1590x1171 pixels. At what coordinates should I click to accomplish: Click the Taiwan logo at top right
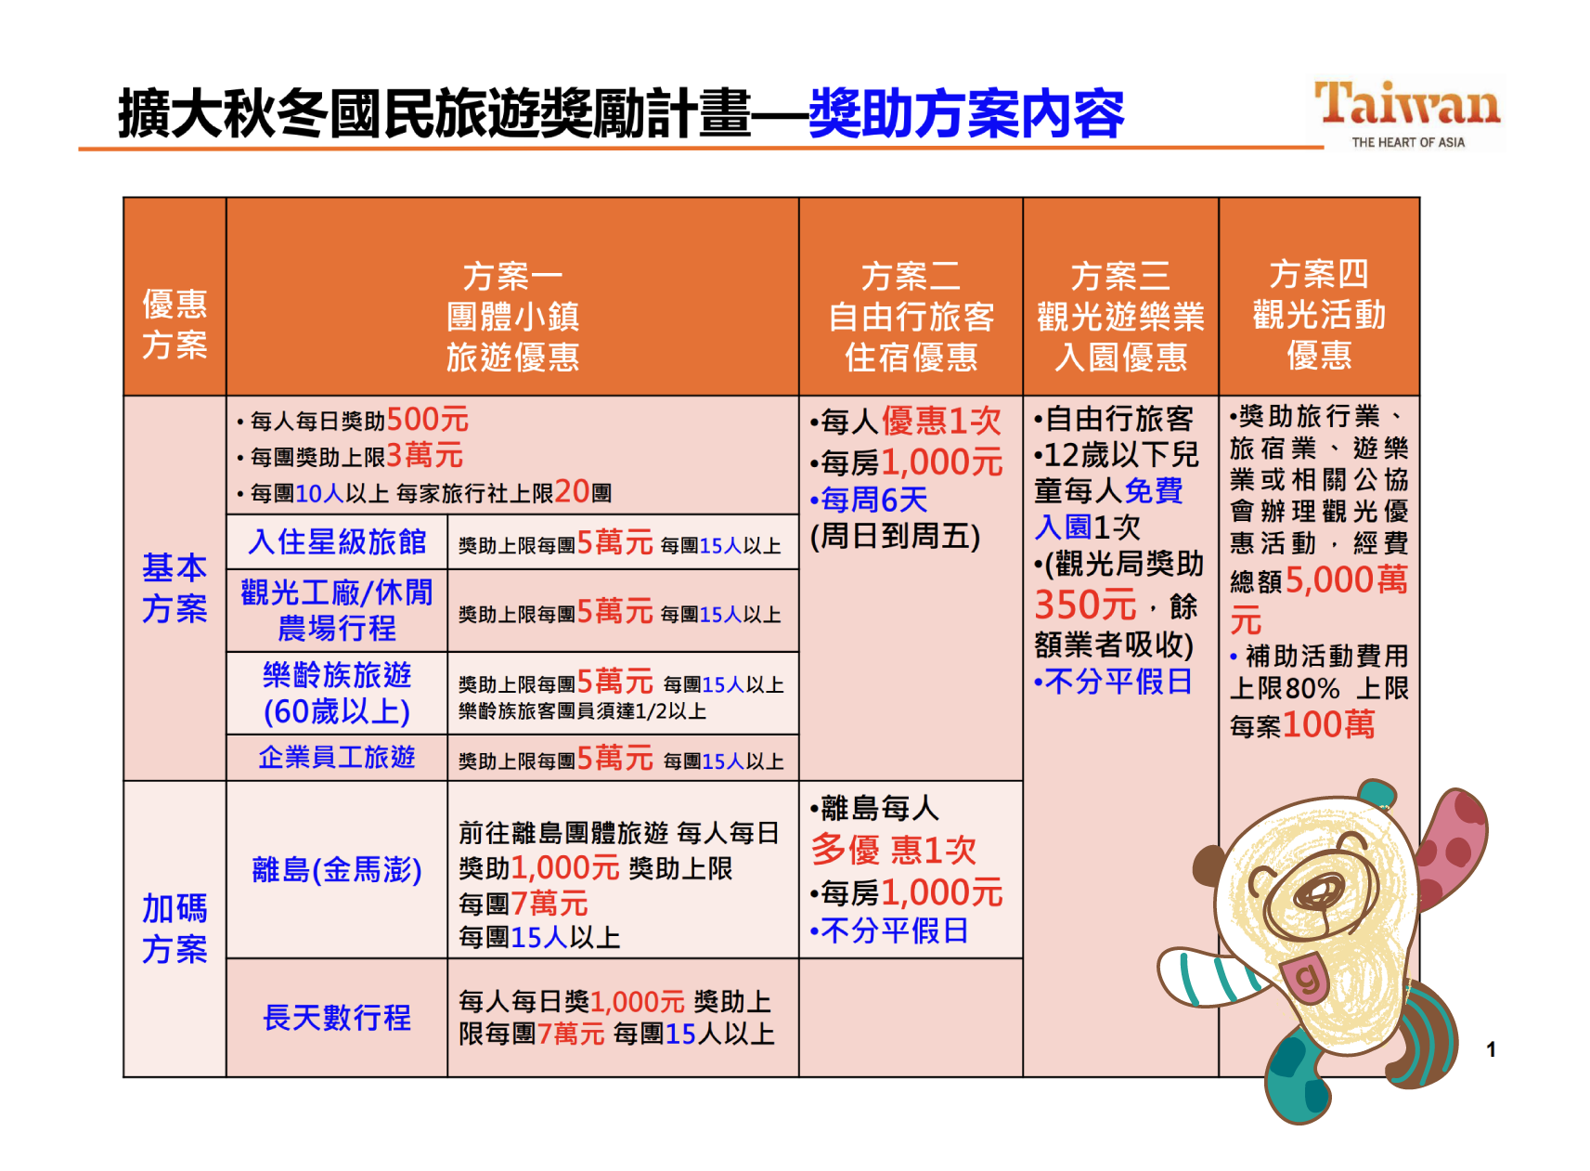coord(1407,113)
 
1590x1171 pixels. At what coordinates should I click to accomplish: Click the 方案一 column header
coord(512,316)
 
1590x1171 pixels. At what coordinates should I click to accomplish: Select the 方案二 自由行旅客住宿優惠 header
coord(911,316)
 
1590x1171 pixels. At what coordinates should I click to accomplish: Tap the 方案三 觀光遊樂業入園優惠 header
coord(1120,316)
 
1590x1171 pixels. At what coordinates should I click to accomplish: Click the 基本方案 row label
coord(175,588)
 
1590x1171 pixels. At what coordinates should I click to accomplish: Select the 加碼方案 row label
coord(175,928)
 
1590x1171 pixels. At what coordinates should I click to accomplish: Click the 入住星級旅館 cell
coord(337,541)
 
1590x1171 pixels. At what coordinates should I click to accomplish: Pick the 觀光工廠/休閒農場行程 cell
coord(337,610)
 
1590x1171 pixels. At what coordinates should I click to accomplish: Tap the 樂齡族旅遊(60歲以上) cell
coord(337,693)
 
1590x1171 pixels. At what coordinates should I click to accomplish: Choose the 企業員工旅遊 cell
coord(337,757)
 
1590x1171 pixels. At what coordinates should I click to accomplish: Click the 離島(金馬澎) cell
coord(337,869)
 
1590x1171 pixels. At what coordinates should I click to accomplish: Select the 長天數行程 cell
coord(337,1017)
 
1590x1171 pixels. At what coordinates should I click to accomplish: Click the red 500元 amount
coord(427,419)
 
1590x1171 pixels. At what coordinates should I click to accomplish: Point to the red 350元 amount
coord(1085,605)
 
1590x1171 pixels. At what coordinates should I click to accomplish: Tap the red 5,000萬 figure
coord(1347,579)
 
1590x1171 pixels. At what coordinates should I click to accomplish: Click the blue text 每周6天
coord(873,500)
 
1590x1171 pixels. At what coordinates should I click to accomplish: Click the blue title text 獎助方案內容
coord(966,113)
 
